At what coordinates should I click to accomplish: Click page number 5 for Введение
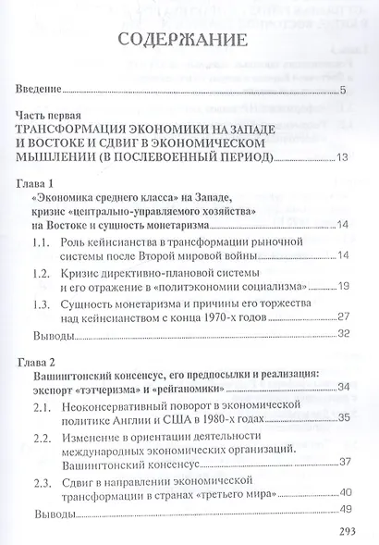click(342, 90)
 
